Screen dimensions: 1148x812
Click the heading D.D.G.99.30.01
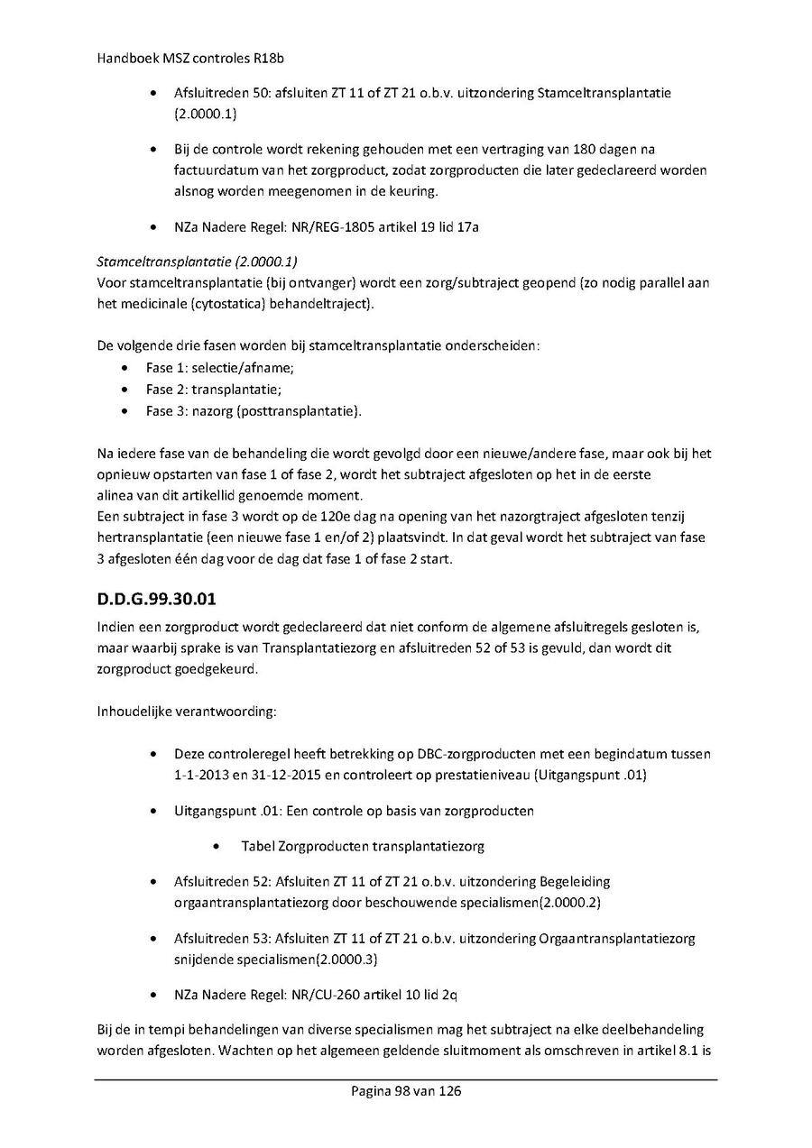(x=155, y=598)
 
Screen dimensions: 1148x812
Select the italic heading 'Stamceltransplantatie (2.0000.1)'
(x=196, y=262)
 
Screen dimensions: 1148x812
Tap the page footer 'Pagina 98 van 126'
(x=406, y=1091)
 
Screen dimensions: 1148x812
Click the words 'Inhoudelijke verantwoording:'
(x=187, y=712)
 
